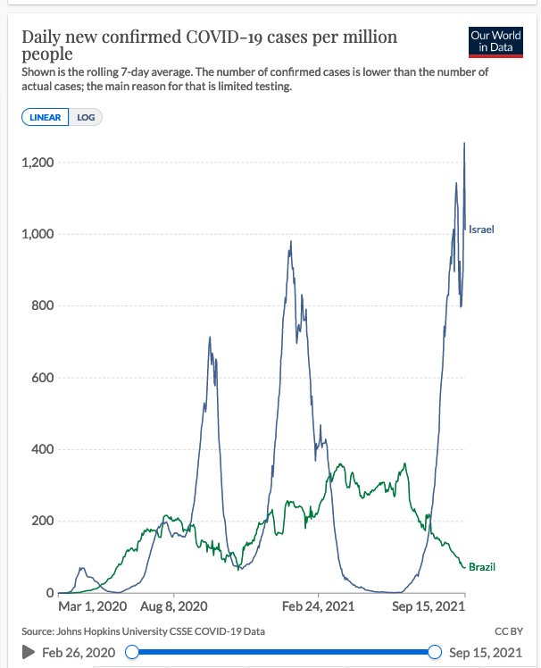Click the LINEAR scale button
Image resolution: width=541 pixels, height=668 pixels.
click(46, 117)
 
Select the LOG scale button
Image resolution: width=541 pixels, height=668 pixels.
click(86, 117)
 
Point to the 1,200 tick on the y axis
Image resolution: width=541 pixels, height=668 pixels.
click(37, 163)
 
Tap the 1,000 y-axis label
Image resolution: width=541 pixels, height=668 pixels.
click(37, 234)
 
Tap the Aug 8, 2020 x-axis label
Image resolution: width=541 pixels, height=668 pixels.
click(174, 606)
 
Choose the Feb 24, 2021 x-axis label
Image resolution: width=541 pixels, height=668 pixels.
click(319, 606)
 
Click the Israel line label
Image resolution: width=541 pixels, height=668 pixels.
click(481, 230)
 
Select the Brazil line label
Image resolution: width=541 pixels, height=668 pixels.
click(482, 567)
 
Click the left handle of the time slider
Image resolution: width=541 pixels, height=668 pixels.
click(132, 652)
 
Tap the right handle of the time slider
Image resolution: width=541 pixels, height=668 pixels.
click(436, 652)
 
